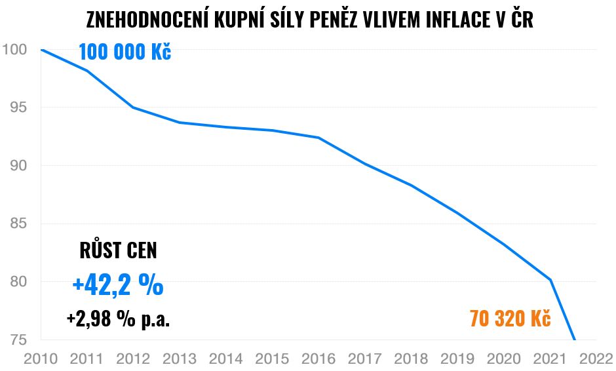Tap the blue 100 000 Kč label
pos(125,52)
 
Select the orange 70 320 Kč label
pos(510,319)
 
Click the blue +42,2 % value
pos(118,285)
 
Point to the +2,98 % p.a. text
pos(118,319)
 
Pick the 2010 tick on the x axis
pos(41,359)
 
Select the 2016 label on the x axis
pos(318,359)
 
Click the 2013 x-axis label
pos(180,359)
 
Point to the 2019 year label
pos(457,359)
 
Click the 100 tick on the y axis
pos(14,50)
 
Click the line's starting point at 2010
pos(41,50)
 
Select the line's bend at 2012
pos(133,107)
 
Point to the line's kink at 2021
pos(550,280)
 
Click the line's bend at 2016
pos(318,138)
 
